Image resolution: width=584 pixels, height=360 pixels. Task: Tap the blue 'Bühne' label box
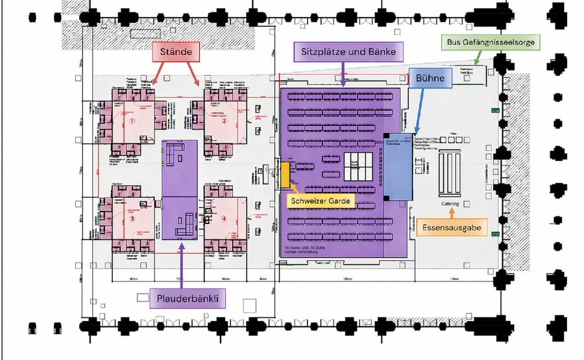coord(430,78)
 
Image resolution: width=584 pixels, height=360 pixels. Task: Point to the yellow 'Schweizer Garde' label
coord(321,201)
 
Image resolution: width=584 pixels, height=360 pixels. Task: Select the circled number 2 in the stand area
coord(224,121)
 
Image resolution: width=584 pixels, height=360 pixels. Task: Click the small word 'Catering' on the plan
coord(450,204)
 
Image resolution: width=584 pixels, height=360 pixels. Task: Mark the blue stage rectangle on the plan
coord(398,165)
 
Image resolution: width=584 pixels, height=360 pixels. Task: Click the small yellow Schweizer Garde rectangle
coord(285,173)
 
